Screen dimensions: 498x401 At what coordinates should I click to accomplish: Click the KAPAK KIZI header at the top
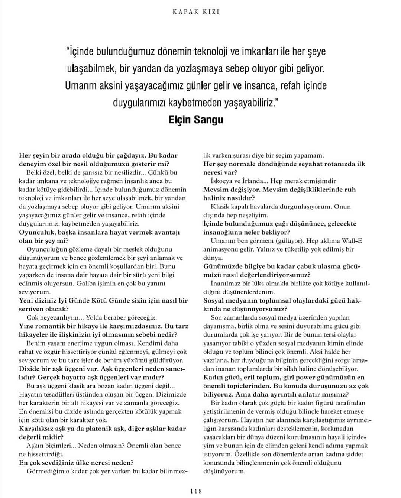point(196,12)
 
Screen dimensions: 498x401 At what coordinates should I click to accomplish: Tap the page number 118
point(196,491)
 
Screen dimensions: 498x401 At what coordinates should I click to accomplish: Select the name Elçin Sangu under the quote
point(196,120)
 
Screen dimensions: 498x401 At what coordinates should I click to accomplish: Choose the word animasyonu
point(220,249)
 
